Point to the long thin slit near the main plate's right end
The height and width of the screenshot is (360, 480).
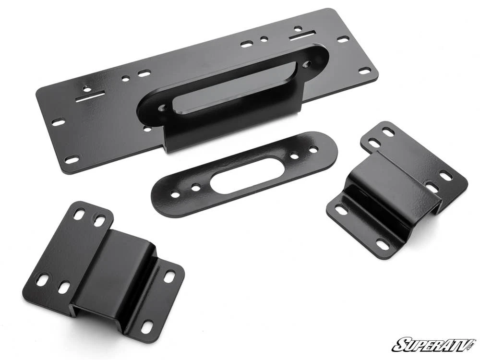point(302,35)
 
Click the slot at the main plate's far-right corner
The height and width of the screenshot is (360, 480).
point(365,71)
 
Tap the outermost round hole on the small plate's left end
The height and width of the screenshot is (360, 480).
point(174,193)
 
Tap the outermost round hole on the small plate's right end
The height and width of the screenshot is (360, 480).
point(313,149)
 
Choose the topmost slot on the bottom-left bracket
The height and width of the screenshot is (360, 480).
point(79,215)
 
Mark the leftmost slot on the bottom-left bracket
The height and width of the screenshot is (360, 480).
point(42,279)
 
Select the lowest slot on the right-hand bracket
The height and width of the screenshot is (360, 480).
point(383,244)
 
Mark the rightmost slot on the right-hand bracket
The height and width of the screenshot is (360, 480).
point(446,176)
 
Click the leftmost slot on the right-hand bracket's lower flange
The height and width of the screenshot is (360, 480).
point(341,210)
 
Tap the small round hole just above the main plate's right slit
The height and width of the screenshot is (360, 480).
point(298,28)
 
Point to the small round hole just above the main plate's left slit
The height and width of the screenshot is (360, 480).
point(86,87)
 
